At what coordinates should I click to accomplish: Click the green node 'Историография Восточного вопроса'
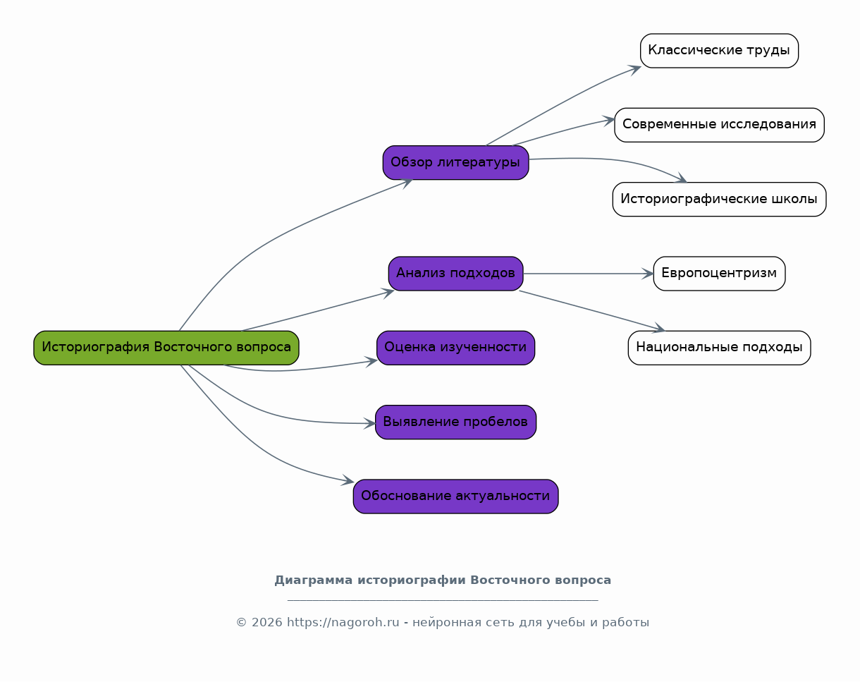tap(166, 348)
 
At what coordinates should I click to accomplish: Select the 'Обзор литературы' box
tap(455, 163)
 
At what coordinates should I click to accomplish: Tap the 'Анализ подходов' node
tap(455, 274)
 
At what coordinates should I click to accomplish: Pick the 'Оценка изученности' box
tap(455, 348)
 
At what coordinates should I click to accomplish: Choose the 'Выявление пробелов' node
tap(455, 422)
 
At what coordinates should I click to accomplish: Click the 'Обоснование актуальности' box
tap(455, 497)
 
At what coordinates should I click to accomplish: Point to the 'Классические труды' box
tap(719, 51)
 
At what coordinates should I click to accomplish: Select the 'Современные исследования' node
tap(719, 125)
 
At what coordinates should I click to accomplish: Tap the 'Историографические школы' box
tap(719, 200)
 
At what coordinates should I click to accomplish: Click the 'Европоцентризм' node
tap(719, 274)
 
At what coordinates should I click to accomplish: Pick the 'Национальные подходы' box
tap(719, 348)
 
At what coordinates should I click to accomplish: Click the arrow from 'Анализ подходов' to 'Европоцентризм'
tap(588, 274)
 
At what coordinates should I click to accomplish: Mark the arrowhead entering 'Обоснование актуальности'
tap(348, 480)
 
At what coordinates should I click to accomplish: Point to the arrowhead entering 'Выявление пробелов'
tap(369, 423)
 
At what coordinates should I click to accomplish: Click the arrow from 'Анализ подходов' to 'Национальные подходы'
tap(592, 310)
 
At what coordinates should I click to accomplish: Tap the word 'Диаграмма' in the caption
tap(314, 580)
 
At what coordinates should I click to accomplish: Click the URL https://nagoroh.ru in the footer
tap(343, 623)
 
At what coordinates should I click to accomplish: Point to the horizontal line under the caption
tap(443, 600)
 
